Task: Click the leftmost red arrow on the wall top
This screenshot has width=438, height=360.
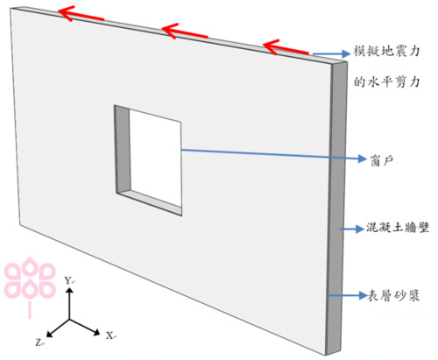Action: (x=81, y=15)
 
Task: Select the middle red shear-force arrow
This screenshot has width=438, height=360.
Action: (x=184, y=32)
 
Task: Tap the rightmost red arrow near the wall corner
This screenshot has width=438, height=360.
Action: (x=286, y=47)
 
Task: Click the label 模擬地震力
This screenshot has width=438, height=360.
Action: (x=387, y=52)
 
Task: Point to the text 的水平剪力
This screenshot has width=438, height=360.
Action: (x=387, y=82)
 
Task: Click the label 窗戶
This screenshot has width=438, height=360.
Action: (x=383, y=160)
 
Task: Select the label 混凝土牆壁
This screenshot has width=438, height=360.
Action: (x=398, y=228)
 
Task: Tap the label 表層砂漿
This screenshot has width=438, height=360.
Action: (x=393, y=295)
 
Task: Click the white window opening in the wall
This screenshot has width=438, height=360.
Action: (x=155, y=158)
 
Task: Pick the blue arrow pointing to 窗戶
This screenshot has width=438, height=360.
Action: (x=273, y=155)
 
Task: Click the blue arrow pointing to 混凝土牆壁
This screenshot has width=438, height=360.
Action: (x=351, y=229)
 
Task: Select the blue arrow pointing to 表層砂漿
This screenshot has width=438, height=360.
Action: (x=347, y=295)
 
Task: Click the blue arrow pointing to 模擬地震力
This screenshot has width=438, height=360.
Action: (x=331, y=53)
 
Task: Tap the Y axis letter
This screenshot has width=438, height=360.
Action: (x=68, y=280)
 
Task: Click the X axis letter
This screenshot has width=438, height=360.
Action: (x=110, y=335)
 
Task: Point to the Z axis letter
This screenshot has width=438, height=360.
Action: (x=39, y=342)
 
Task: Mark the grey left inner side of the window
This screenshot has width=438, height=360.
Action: (x=123, y=150)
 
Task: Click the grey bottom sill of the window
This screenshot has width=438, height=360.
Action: (x=150, y=202)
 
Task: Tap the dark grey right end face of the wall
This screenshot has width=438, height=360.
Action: (x=336, y=208)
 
